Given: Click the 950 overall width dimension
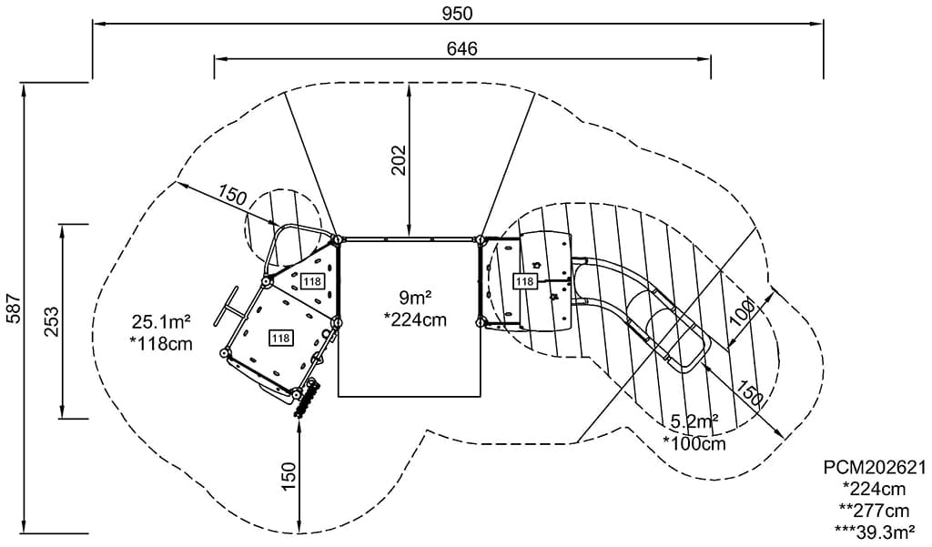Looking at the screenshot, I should click(458, 13).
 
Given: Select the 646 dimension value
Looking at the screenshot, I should click(462, 48).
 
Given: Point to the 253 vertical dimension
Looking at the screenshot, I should click(51, 321).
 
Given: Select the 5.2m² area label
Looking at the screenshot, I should click(694, 421).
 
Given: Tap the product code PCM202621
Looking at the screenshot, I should click(874, 468).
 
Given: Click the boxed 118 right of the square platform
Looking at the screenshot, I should click(524, 282).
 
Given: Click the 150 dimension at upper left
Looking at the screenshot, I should click(233, 194).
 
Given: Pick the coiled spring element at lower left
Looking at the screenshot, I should click(307, 397).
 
